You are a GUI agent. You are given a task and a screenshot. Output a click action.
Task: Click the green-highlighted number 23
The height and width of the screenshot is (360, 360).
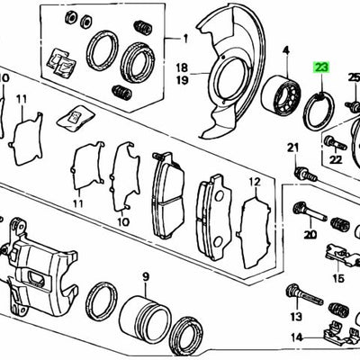320,66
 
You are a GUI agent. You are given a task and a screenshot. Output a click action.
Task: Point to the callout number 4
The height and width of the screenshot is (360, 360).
286,50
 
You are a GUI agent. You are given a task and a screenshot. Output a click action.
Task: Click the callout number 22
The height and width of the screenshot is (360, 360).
336,159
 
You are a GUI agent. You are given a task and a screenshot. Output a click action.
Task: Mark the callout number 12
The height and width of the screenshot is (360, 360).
255,183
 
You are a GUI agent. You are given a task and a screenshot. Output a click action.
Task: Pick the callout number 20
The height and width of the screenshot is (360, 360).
310,235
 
